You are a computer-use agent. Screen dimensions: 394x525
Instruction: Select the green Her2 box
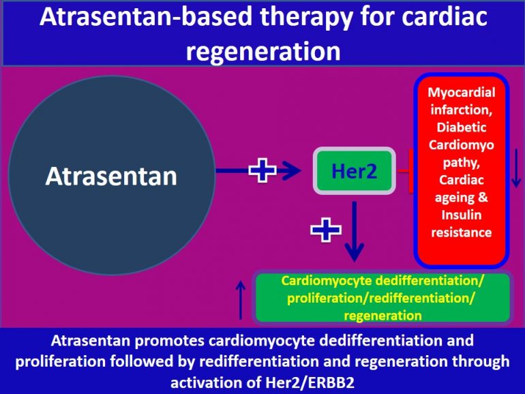[x=354, y=170]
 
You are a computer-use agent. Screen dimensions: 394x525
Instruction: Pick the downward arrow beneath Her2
[x=353, y=232]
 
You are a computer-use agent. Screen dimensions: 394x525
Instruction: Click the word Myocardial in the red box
[x=462, y=92]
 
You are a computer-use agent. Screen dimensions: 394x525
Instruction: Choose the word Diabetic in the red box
[x=462, y=127]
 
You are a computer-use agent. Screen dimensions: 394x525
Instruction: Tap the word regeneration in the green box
[x=382, y=315]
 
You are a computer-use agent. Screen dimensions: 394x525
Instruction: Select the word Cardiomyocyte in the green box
[x=320, y=279]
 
